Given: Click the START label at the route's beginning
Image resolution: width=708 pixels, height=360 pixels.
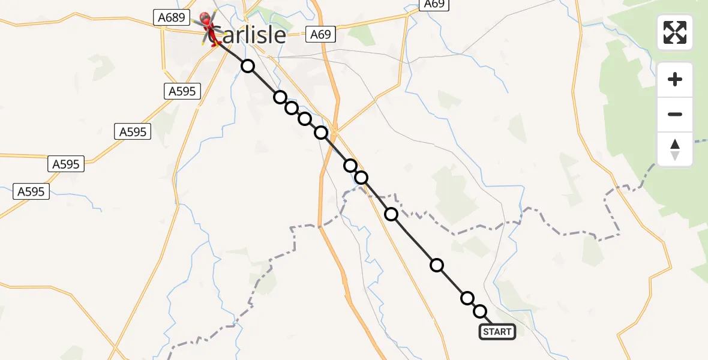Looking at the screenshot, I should point(497,332).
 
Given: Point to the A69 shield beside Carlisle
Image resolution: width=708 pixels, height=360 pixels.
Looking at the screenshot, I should point(320,34).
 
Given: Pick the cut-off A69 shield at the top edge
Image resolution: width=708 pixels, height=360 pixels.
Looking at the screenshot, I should point(434,4).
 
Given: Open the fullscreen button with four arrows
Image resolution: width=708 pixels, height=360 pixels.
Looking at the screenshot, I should point(675,32).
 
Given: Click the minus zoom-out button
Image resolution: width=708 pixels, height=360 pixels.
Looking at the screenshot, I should point(675,114).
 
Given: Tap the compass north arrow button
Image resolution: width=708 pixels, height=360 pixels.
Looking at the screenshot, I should point(675,149).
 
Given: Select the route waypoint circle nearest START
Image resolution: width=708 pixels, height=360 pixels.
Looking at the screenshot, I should point(480,311).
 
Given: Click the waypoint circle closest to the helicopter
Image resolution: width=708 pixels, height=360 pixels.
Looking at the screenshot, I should point(248,66).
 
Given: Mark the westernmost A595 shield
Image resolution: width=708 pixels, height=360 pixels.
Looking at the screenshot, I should point(31,191).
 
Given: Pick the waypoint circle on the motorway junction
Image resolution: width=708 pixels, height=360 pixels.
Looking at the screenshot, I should point(322,133).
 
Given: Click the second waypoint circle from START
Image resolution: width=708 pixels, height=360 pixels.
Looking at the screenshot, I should point(467,298).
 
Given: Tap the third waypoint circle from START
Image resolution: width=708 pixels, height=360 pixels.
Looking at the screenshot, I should point(437,265).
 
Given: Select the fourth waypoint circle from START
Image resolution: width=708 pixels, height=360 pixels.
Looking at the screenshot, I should point(391,214).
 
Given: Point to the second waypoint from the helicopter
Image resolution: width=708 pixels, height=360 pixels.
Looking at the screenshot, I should point(280,97).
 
